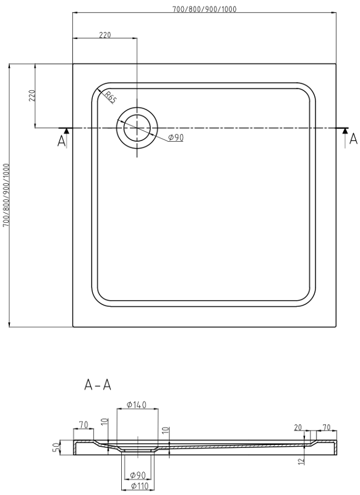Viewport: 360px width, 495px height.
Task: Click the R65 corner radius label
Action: [x=111, y=97]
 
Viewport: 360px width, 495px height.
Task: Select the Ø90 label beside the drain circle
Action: [x=176, y=137]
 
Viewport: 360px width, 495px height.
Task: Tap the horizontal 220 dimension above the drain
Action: [x=105, y=35]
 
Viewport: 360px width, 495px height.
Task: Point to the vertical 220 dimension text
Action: [x=32, y=95]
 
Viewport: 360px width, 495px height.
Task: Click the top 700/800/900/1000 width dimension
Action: [x=204, y=9]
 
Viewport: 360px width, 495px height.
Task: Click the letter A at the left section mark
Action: [x=61, y=141]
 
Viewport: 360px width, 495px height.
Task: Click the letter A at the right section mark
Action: [x=354, y=138]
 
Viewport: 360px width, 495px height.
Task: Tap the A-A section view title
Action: [x=98, y=385]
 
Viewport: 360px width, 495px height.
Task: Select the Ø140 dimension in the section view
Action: [x=136, y=405]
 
